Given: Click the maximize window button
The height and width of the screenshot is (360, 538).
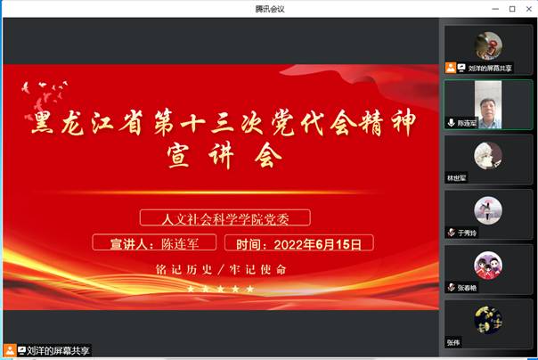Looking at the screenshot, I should click(x=512, y=9).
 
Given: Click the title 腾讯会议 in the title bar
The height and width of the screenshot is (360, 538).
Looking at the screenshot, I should click(x=268, y=9).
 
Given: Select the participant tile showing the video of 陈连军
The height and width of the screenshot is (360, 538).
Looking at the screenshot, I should click(x=488, y=103).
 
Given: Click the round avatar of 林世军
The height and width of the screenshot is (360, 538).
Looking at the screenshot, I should click(x=488, y=155).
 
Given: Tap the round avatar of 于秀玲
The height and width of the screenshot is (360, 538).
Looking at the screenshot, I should click(x=488, y=210).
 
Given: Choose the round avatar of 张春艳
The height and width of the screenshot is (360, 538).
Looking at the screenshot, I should click(x=488, y=266).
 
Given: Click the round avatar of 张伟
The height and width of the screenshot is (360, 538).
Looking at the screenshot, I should click(x=488, y=319).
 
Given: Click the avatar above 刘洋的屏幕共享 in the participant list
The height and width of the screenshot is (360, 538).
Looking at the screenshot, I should click(x=488, y=45).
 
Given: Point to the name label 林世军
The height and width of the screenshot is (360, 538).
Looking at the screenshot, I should click(x=457, y=177).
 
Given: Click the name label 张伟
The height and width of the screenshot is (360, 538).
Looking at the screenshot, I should click(x=454, y=342).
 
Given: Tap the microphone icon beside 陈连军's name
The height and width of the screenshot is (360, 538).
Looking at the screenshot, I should click(x=452, y=123).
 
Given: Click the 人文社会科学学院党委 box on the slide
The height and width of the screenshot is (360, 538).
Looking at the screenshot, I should click(x=224, y=217).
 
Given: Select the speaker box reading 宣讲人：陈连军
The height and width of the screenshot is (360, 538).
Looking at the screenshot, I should click(x=156, y=243).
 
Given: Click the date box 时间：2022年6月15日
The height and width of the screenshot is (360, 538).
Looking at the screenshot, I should click(x=299, y=243).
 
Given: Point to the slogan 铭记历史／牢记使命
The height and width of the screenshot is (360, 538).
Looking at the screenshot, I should click(x=221, y=269).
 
